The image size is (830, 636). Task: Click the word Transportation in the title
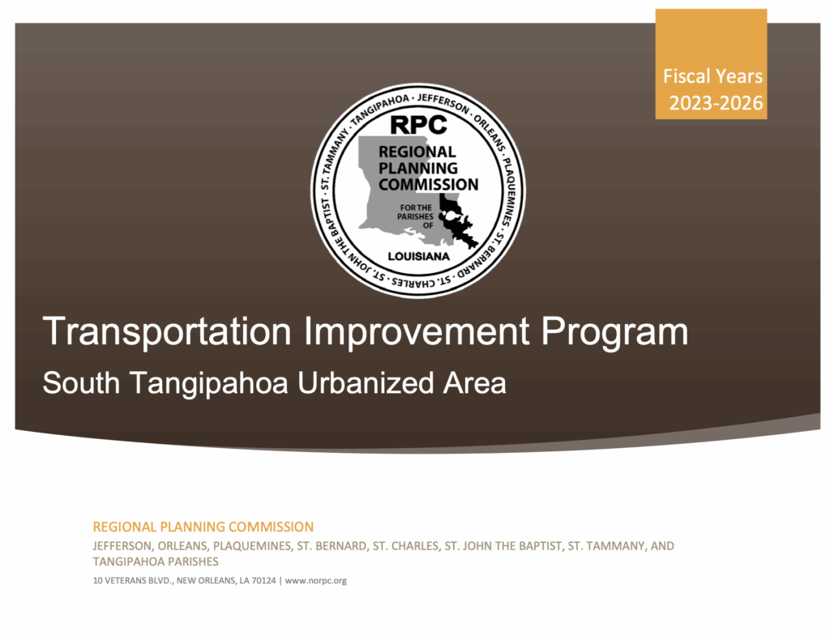(167, 331)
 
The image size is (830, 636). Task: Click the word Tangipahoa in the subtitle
(208, 383)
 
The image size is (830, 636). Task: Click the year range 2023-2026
(716, 103)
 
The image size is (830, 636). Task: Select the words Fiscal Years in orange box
(712, 76)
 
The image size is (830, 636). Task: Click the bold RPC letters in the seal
(418, 125)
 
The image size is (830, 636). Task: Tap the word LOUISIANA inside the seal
(419, 257)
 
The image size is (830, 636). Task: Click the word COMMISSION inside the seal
(428, 184)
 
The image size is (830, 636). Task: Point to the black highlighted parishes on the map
(457, 220)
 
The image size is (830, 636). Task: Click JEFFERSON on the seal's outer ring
(443, 103)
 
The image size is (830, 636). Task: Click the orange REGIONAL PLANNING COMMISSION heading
(203, 527)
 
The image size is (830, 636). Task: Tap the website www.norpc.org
(316, 580)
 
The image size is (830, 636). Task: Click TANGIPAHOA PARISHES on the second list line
(156, 561)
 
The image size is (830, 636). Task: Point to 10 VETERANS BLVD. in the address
(133, 580)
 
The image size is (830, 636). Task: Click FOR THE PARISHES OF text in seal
(416, 216)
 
